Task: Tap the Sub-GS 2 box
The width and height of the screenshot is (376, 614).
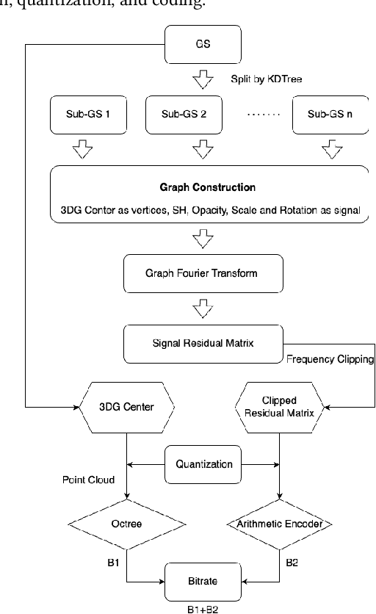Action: (x=199, y=114)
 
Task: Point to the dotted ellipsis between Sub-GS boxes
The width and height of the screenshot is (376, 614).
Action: (x=261, y=115)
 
